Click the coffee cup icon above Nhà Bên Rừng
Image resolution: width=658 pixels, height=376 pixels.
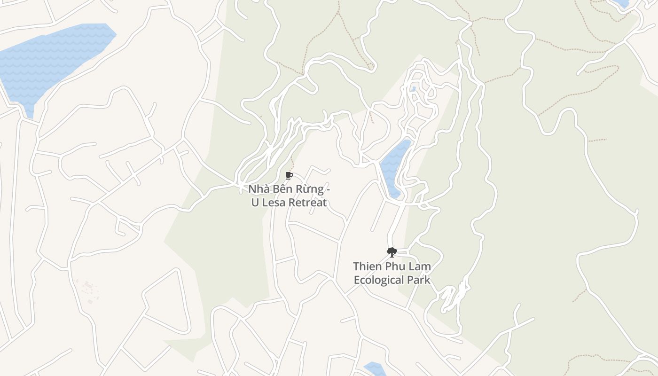pos(289,176)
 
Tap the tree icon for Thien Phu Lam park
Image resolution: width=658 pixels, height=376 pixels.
pos(392,252)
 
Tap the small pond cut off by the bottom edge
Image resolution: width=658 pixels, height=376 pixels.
pos(375,369)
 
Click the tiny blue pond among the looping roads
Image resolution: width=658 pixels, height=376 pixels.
pos(413,89)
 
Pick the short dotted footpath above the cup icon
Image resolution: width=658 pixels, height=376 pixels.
pos(292,163)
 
